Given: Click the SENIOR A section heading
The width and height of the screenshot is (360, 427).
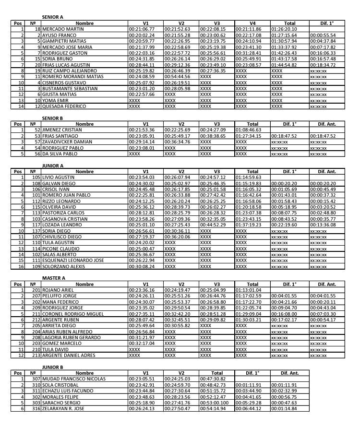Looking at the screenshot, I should click(x=52, y=17).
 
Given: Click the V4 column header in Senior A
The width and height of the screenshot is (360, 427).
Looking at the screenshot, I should click(x=252, y=23).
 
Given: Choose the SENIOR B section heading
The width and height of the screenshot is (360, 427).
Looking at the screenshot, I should click(x=52, y=118).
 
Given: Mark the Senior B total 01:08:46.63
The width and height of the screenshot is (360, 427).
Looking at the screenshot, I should click(x=248, y=130).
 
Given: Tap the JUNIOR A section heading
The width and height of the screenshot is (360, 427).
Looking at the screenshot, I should click(x=53, y=166).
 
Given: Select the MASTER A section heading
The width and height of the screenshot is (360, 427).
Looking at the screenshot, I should click(x=53, y=278).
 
